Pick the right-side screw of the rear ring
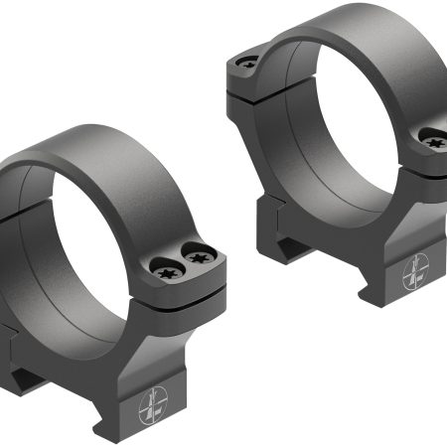[x=434, y=142]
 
